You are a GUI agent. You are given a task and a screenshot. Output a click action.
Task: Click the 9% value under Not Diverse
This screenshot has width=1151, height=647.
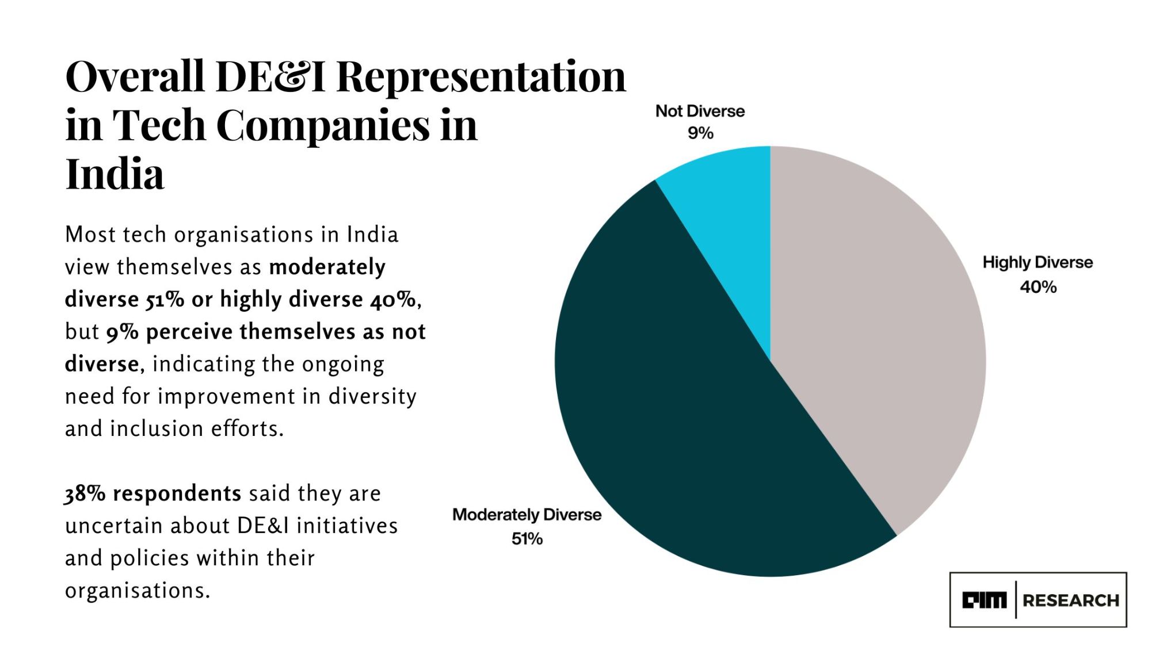(700, 133)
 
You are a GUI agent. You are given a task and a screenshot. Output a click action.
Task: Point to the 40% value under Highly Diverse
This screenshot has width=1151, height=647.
(1038, 287)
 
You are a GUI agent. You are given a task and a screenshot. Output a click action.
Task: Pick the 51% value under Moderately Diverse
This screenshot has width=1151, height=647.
(527, 539)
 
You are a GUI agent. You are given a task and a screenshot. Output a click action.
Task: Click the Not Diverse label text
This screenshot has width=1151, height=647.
(700, 111)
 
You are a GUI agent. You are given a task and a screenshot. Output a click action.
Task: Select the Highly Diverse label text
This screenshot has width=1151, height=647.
(1038, 262)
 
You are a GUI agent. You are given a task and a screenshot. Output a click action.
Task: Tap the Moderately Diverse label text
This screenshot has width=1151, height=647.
(527, 515)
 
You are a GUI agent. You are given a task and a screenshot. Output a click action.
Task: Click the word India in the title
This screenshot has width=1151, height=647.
(115, 174)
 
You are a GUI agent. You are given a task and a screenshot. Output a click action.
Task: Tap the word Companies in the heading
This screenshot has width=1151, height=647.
(323, 125)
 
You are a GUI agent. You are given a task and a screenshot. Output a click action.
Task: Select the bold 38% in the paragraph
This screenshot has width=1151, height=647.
(85, 493)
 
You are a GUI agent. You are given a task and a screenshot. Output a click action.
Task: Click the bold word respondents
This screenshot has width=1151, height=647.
(177, 493)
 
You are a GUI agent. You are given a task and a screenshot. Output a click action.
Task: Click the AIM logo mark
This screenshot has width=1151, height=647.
(984, 600)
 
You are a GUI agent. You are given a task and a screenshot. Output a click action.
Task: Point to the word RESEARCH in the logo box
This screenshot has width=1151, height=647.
(1071, 600)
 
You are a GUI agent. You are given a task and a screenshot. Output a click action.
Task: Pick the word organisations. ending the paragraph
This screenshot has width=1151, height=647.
(138, 591)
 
